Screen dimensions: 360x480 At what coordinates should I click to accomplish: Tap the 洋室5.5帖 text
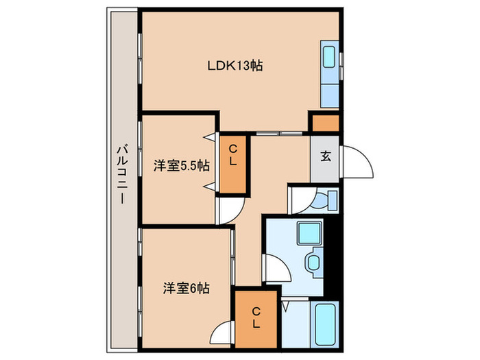tap(182, 165)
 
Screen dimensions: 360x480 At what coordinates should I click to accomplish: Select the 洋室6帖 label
tap(186, 289)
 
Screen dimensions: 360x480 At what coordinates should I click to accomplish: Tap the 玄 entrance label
tap(324, 156)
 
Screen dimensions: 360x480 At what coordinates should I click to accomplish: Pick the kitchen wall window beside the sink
tap(341, 64)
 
